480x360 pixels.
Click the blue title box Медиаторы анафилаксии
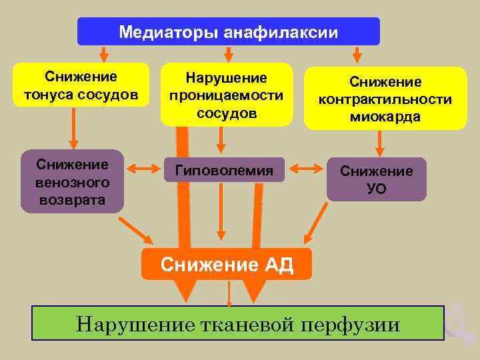click(x=228, y=31)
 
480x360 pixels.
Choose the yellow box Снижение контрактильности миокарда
click(x=385, y=99)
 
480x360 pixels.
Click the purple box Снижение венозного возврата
click(x=72, y=181)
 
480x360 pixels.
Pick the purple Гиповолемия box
click(x=223, y=171)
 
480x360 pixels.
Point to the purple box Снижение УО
click(x=376, y=179)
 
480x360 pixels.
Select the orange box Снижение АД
click(x=227, y=265)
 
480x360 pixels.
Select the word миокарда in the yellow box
click(x=385, y=117)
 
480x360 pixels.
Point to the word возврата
click(x=72, y=199)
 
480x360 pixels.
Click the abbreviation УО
click(x=376, y=189)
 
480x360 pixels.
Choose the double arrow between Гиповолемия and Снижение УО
click(x=306, y=170)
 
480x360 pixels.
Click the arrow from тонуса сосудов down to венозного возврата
click(x=73, y=127)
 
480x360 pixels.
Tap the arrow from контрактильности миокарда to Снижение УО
click(x=379, y=143)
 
